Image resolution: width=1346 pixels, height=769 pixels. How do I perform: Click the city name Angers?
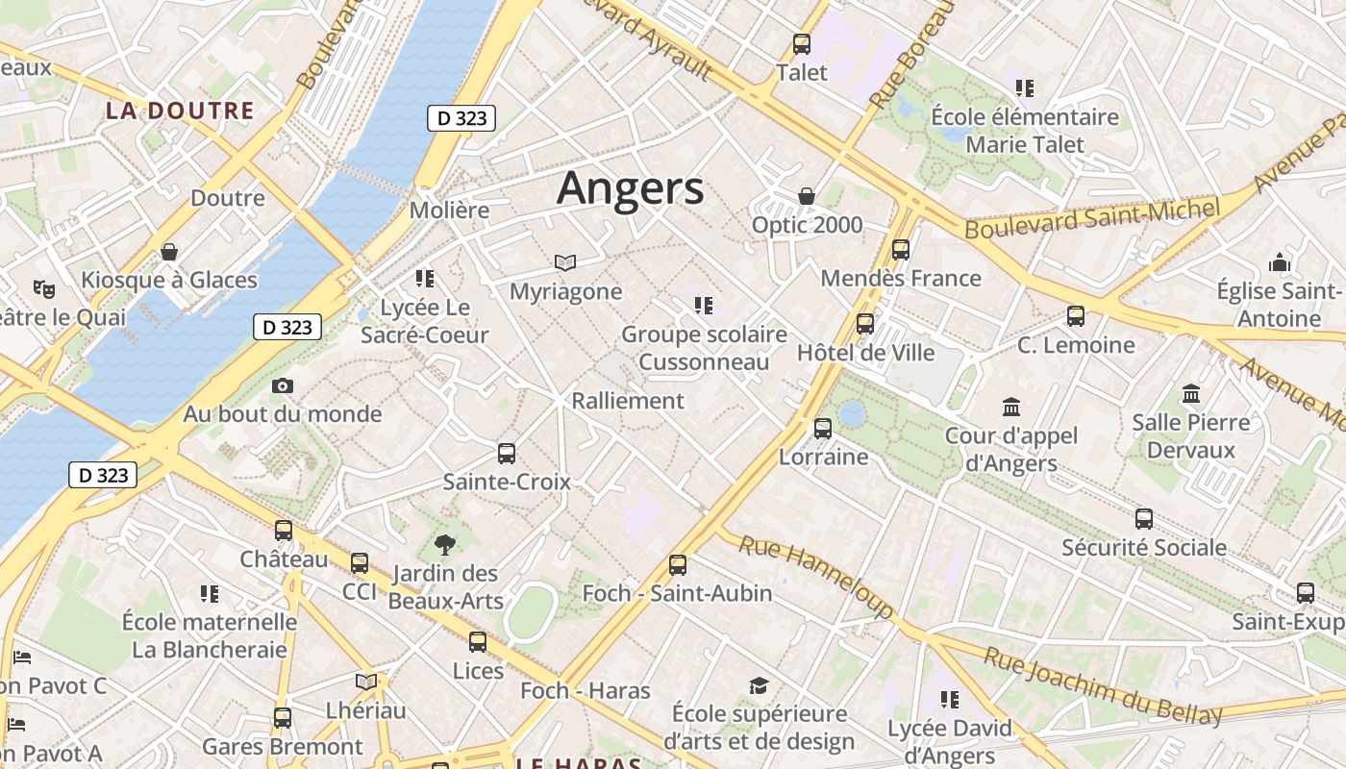point(630,188)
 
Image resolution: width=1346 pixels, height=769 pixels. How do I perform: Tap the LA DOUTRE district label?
point(180,111)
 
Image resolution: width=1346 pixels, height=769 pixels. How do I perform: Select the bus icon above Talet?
point(801,44)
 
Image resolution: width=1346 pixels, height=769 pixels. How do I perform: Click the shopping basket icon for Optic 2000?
point(807,197)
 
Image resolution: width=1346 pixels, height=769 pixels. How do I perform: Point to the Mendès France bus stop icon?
point(901,250)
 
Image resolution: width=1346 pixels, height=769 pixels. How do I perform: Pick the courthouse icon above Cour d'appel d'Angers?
point(1010,408)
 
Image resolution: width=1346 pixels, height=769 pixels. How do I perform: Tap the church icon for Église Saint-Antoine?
point(1279,262)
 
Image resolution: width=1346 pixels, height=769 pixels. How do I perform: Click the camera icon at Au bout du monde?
point(282,386)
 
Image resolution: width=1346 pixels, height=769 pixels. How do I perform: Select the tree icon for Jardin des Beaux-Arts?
point(445,546)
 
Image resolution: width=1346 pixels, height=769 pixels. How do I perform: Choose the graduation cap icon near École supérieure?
point(760,685)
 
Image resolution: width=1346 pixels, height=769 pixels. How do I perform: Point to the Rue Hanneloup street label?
point(815,577)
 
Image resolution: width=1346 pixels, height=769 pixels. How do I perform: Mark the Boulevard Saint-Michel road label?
point(1092,219)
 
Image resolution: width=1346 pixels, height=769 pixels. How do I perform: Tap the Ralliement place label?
point(628,401)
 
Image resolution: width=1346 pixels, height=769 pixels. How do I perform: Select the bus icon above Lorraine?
point(823,429)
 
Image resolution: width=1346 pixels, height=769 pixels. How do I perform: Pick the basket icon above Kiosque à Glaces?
point(169,253)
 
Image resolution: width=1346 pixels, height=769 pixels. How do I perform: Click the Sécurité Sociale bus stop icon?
point(1143,519)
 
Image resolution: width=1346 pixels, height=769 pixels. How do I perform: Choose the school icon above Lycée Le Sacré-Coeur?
point(424,280)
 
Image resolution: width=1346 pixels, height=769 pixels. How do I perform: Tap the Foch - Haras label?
point(586,691)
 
